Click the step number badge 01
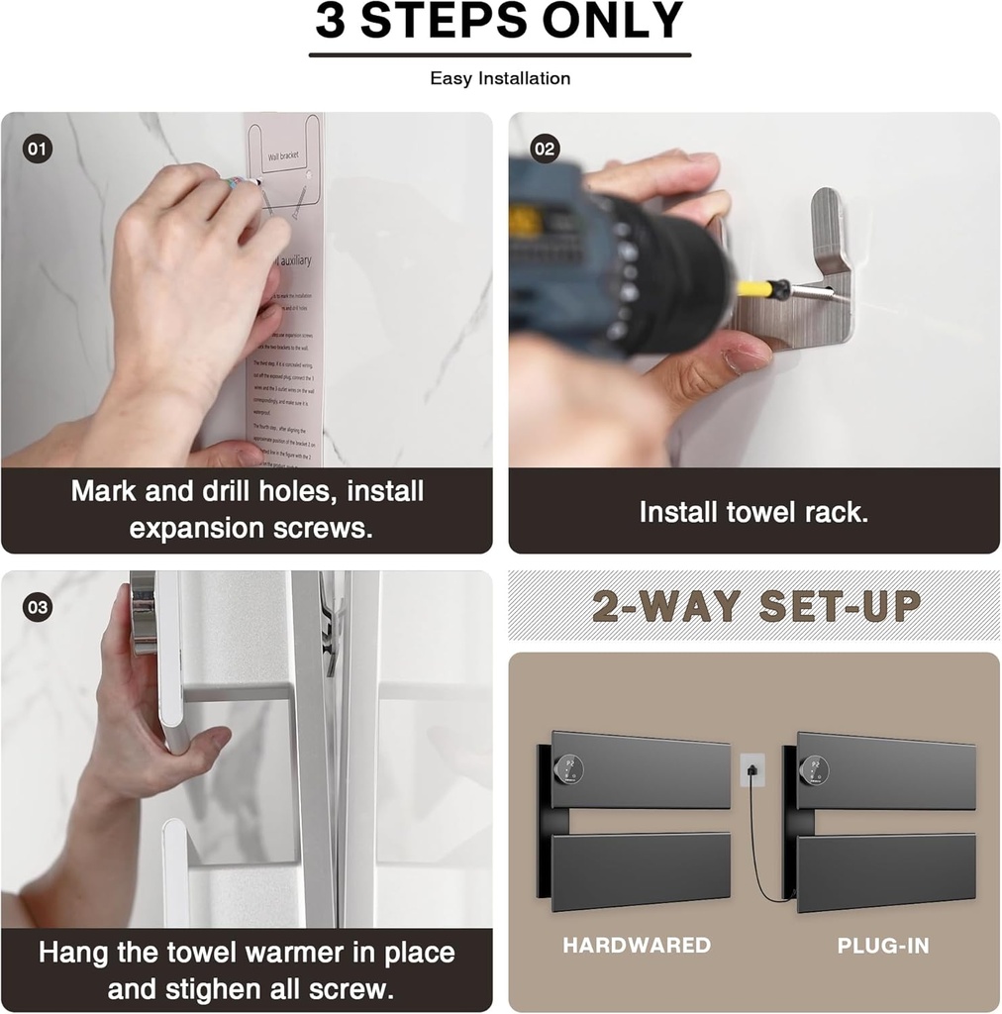coord(37,151)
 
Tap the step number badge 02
coord(545,150)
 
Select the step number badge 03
coord(38,608)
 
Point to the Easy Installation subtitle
coord(500,78)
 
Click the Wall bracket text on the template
coord(282,156)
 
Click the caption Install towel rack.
coord(752,512)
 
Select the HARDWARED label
coord(637,945)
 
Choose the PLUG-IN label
coord(883,945)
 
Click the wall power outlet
coord(752,769)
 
